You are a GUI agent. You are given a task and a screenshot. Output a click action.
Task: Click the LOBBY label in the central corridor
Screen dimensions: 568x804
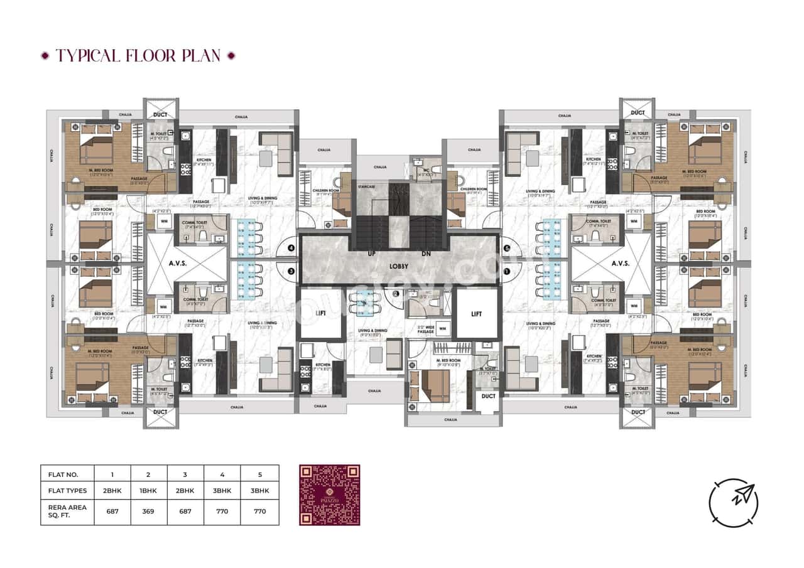400,266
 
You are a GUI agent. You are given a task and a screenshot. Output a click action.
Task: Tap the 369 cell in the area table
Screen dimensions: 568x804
149,511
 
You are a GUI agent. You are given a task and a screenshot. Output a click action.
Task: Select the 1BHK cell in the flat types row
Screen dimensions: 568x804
149,490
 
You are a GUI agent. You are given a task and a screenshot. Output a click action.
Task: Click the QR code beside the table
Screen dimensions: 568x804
330,495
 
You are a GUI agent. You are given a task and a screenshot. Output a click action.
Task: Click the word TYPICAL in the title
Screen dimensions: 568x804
89,55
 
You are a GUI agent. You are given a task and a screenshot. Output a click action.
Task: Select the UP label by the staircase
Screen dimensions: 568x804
372,254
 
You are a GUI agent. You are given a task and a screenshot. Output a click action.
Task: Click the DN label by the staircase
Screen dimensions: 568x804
426,254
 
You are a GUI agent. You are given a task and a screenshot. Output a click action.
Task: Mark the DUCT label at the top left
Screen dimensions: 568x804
161,114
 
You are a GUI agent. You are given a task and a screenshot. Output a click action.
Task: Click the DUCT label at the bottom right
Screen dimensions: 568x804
638,412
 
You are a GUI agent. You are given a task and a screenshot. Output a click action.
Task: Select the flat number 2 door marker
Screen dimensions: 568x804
396,292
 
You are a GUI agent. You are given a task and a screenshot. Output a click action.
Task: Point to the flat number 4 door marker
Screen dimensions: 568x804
291,249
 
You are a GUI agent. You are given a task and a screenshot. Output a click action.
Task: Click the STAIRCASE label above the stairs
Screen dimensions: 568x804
369,186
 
